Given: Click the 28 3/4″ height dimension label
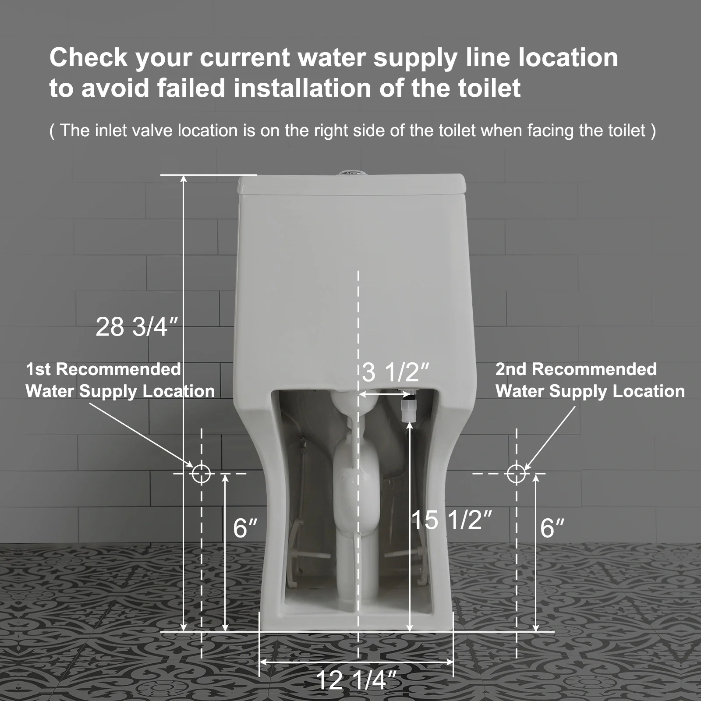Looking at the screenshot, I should pyautogui.click(x=137, y=327).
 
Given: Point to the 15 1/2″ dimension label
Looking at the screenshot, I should pyautogui.click(x=452, y=520).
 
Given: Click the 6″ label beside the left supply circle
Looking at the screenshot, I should pyautogui.click(x=245, y=528).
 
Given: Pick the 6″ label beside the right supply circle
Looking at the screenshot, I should pyautogui.click(x=552, y=528).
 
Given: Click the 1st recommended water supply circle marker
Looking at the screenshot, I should pyautogui.click(x=201, y=474).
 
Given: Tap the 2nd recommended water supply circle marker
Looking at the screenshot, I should pyautogui.click(x=516, y=474).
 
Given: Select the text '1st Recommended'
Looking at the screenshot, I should pyautogui.click(x=103, y=369).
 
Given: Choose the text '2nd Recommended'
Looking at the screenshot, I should pyautogui.click(x=576, y=369).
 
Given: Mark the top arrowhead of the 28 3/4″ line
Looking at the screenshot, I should pyautogui.click(x=184, y=178).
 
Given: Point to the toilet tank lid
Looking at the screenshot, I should pyautogui.click(x=350, y=184).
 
